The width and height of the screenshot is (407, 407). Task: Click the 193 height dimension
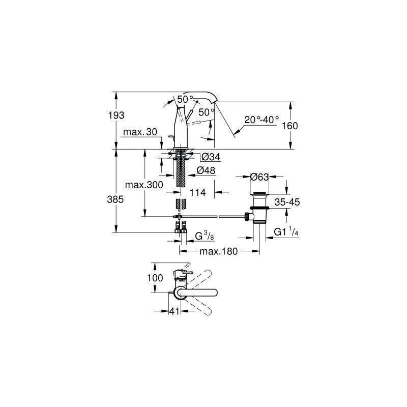pos(117,115)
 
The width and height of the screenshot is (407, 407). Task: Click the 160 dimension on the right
pos(289,126)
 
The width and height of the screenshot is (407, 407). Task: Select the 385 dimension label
pos(115,199)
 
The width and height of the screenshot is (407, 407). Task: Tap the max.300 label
pos(144,185)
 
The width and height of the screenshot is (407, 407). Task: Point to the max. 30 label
pos(140,132)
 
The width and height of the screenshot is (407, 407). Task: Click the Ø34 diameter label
pos(211,157)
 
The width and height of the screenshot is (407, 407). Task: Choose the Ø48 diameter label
pos(206,170)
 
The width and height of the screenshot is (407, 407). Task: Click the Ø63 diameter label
pos(259,177)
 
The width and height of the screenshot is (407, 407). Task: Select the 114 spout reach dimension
pos(197,193)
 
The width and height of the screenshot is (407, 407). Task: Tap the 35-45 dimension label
pos(287,202)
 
